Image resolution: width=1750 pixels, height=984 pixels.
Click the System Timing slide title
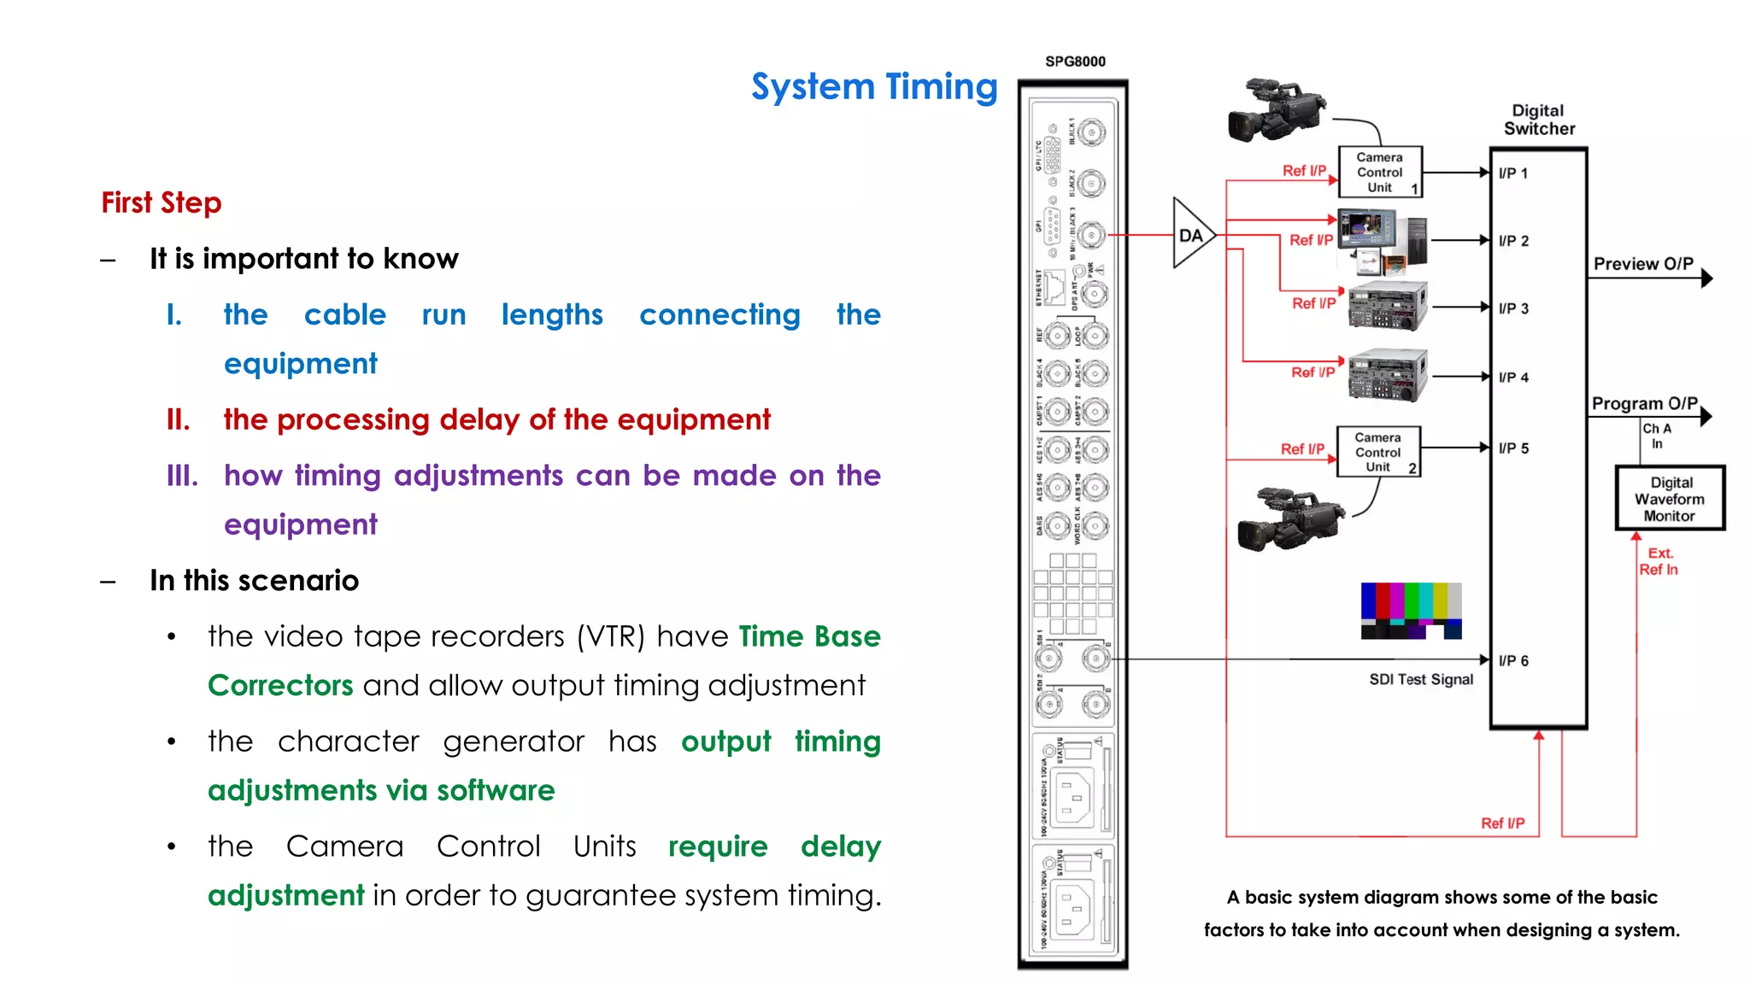click(x=874, y=87)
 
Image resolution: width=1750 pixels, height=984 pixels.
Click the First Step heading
click(x=161, y=202)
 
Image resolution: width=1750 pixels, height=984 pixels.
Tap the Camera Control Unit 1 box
click(x=1379, y=172)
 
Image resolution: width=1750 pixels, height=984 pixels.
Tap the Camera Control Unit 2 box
click(x=1377, y=451)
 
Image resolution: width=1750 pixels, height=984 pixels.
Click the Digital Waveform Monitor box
click(x=1670, y=498)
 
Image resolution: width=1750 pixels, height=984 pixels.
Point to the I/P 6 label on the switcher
click(x=1513, y=660)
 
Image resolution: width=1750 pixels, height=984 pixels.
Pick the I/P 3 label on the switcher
click(x=1513, y=308)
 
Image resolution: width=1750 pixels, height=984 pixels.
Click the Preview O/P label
click(x=1642, y=264)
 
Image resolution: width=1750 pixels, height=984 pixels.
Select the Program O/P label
click(x=1644, y=403)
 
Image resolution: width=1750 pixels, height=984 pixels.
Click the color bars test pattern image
click(x=1411, y=611)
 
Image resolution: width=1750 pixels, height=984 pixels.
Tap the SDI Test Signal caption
click(x=1421, y=679)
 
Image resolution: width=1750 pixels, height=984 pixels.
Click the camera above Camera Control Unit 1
click(x=1275, y=111)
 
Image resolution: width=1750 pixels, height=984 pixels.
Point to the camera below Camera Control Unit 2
click(x=1289, y=518)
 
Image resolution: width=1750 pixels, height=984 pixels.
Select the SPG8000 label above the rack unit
click(x=1075, y=61)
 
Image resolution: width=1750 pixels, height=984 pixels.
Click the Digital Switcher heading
click(x=1539, y=120)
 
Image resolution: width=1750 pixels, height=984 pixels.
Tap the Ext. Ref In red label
click(x=1659, y=561)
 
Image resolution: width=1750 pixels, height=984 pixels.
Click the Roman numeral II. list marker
click(x=179, y=419)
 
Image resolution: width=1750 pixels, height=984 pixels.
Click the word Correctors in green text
click(x=280, y=685)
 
